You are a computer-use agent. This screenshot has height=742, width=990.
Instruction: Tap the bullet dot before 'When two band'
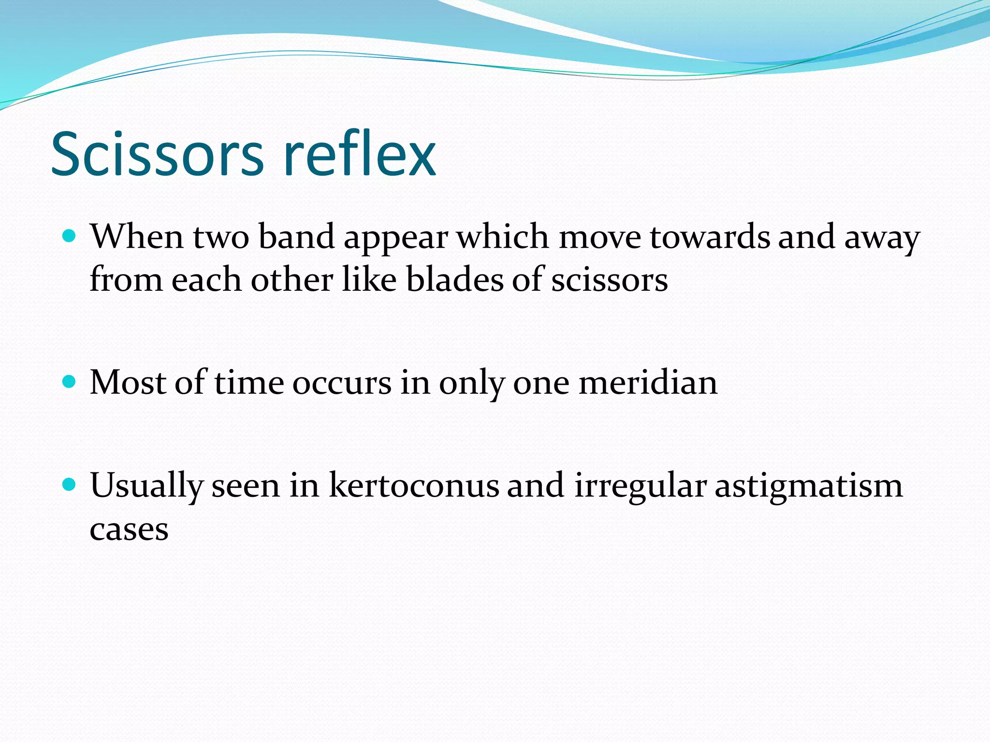point(70,236)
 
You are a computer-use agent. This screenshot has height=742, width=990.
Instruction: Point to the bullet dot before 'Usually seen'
point(70,485)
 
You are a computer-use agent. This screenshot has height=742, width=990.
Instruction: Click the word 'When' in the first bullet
point(137,237)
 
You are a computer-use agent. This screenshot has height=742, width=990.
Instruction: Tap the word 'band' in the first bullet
point(296,237)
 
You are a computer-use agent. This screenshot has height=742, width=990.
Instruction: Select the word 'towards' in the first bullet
point(710,237)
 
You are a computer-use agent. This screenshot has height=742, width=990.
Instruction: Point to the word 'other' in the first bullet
point(291,280)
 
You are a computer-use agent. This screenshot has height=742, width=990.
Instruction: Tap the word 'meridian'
point(648,383)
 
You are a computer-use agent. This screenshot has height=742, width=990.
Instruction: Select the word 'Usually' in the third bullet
point(146,486)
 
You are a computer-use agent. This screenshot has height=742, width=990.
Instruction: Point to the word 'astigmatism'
point(808,487)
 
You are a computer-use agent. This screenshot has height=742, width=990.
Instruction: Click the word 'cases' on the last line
point(129,529)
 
